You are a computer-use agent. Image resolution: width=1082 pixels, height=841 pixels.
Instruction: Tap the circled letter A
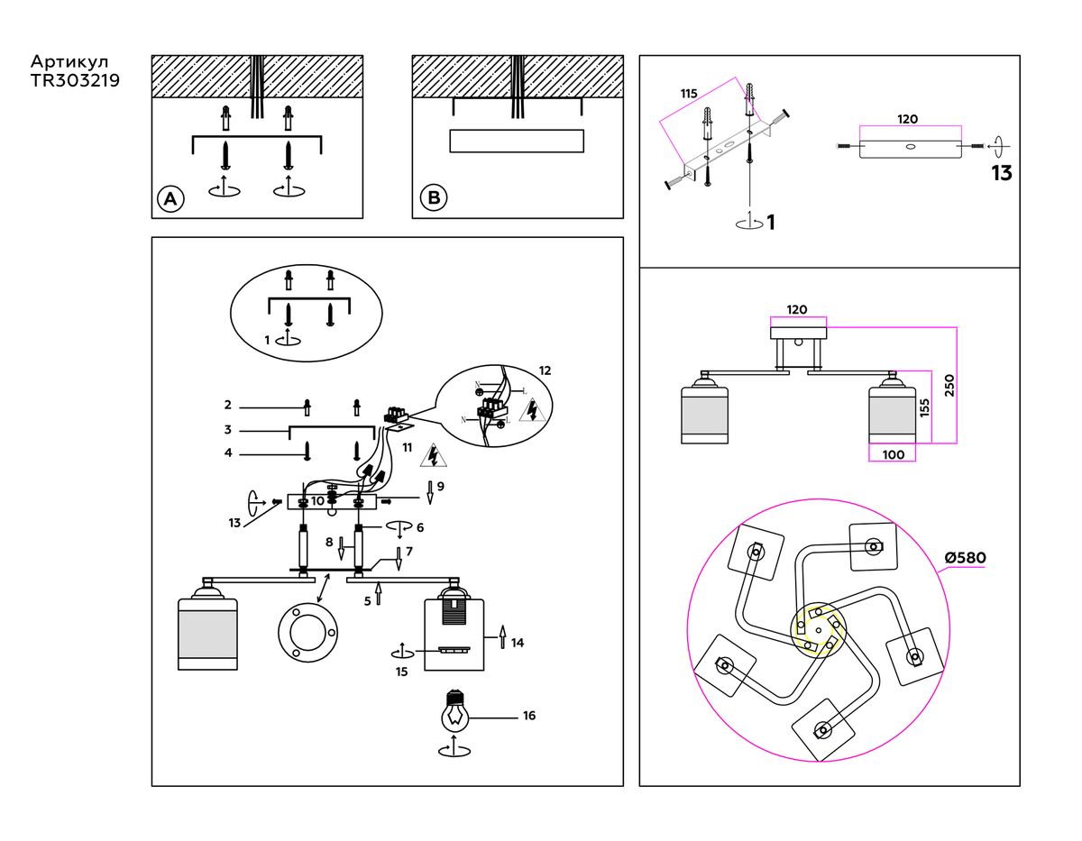point(169,198)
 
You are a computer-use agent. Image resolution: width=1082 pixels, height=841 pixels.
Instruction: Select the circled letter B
point(434,197)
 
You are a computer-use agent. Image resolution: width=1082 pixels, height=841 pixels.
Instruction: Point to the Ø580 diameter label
point(965,558)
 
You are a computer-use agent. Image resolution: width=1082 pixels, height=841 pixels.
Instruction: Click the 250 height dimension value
point(949,385)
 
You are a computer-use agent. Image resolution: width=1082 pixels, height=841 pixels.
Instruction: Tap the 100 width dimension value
point(893,455)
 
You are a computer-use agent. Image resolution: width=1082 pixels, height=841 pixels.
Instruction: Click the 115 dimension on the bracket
point(689,94)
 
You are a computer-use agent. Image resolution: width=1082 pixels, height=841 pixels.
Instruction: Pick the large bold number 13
point(1002,173)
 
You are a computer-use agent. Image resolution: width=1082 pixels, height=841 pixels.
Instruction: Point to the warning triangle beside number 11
point(436,455)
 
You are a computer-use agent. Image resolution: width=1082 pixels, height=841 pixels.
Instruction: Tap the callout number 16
point(529,716)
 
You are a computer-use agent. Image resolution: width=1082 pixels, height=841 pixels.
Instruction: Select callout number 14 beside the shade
point(518,643)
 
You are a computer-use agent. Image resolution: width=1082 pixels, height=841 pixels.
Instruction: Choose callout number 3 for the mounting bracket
point(228,429)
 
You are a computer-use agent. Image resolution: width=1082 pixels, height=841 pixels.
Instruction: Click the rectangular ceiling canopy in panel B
point(515,142)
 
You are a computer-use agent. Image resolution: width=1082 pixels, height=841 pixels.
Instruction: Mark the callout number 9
point(441,486)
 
